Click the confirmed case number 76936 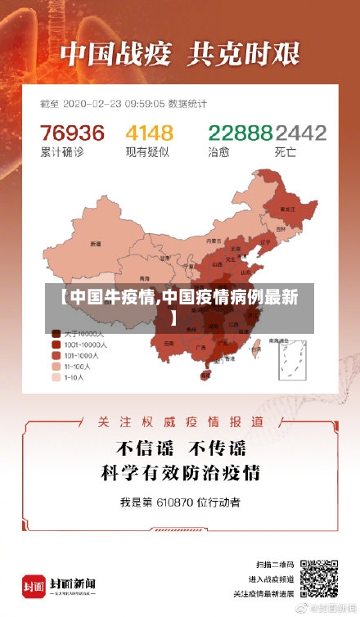point(73,132)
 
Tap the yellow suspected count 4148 point(149,132)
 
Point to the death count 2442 point(300,132)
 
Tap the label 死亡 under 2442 point(285,151)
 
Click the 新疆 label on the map point(96,243)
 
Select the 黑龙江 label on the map point(287,209)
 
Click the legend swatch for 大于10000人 point(56,334)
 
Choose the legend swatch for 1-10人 point(56,378)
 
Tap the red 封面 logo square point(34,585)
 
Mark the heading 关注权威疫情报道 point(180,421)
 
